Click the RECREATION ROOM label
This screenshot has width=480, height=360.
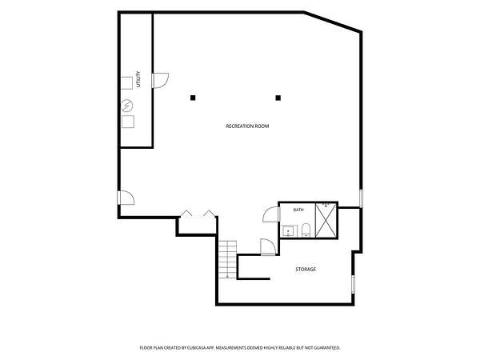pyautogui.click(x=247, y=126)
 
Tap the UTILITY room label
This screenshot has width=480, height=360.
pyautogui.click(x=138, y=79)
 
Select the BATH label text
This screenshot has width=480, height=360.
pyautogui.click(x=298, y=210)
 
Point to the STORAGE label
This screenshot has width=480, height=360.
pyautogui.click(x=306, y=270)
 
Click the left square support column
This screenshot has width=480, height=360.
pyautogui.click(x=193, y=98)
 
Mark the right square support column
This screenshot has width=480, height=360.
pyautogui.click(x=278, y=98)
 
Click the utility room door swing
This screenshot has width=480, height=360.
pyautogui.click(x=161, y=81)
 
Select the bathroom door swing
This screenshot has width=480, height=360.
pyautogui.click(x=270, y=214)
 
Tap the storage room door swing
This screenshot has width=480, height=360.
pyautogui.click(x=268, y=246)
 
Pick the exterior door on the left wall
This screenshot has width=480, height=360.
pyautogui.click(x=126, y=198)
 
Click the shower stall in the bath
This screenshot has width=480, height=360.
pyautogui.click(x=326, y=220)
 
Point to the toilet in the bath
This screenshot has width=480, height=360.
pyautogui.click(x=306, y=230)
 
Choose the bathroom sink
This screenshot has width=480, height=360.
pyautogui.click(x=289, y=231)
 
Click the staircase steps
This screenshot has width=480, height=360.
pyautogui.click(x=228, y=259)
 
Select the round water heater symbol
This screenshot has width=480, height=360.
pyautogui.click(x=126, y=106)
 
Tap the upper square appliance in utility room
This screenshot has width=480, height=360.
pyautogui.click(x=126, y=83)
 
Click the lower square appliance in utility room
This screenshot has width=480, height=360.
pyautogui.click(x=128, y=122)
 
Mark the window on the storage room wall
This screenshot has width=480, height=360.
pyautogui.click(x=353, y=284)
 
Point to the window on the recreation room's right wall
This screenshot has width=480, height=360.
pyautogui.click(x=361, y=198)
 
